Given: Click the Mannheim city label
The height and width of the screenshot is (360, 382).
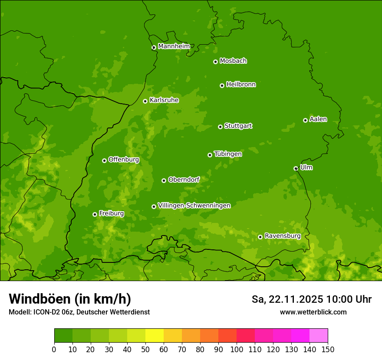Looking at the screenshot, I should point(174,46).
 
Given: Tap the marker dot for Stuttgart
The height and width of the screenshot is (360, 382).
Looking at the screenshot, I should point(220,127).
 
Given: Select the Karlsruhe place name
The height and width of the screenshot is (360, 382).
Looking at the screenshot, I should point(164,100).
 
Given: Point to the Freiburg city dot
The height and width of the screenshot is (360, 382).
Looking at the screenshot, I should point(95,214).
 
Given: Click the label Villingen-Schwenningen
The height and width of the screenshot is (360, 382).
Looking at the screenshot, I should point(194,206).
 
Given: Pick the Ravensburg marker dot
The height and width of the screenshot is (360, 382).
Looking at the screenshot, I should point(260,237).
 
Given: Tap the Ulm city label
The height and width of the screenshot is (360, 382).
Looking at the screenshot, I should point(306,167).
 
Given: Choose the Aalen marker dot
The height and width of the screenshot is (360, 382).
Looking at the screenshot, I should point(305,120).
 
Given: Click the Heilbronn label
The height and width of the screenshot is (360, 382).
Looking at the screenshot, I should point(241,85).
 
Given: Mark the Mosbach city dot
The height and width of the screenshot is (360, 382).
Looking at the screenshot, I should point(215,62).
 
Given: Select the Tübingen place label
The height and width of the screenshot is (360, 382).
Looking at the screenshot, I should point(228,154).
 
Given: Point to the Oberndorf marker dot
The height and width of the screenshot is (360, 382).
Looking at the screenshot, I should point(164,180).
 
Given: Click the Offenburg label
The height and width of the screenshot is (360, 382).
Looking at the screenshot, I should point(124,160).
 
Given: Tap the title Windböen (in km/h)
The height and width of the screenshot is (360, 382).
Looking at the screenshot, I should point(70,299).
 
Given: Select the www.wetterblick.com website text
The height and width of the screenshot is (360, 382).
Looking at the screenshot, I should point(313,312).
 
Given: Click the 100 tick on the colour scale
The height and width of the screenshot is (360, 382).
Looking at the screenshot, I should point(237,349).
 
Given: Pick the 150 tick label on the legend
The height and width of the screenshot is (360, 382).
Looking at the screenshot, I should point(328,349).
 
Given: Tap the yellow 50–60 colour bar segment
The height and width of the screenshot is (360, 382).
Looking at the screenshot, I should point(154,336).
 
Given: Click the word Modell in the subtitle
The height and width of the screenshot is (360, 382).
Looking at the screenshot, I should point(19,312).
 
